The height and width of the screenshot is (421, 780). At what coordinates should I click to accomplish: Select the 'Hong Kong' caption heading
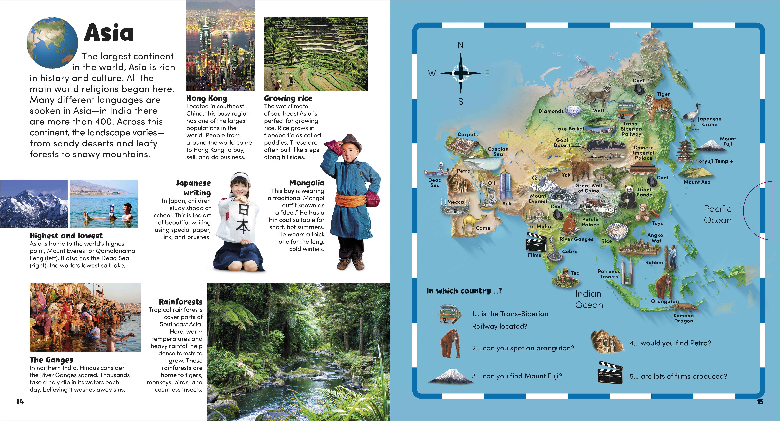click(207, 98)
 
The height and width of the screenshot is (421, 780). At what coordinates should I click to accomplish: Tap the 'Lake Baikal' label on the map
click(569, 129)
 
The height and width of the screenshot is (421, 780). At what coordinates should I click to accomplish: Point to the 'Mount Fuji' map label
click(728, 141)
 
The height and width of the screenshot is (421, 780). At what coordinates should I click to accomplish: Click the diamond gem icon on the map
click(573, 111)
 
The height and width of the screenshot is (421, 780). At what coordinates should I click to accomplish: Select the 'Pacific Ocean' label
click(718, 214)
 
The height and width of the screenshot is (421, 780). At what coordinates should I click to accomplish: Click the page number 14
click(20, 402)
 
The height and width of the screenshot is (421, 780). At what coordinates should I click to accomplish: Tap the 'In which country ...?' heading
click(464, 291)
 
